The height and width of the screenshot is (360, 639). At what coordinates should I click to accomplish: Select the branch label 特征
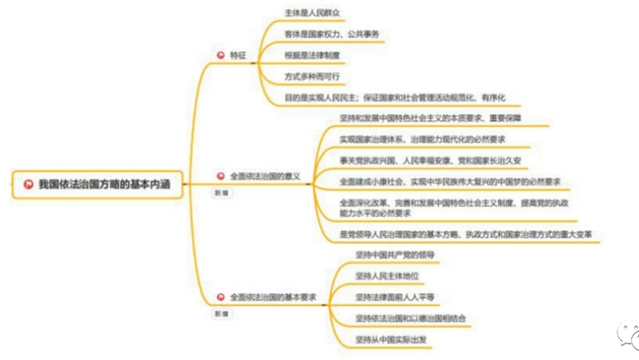[238, 56]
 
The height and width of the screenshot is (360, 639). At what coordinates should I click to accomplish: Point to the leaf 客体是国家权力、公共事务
[332, 35]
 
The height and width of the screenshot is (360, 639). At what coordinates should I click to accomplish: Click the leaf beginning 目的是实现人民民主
[394, 97]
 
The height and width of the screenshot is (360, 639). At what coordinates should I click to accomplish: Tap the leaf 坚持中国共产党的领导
[395, 255]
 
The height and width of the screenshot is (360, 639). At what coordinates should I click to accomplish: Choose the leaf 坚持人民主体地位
[386, 276]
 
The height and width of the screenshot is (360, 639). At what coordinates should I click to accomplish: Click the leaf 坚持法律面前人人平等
[394, 297]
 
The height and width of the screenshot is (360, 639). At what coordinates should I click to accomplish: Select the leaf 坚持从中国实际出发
[390, 340]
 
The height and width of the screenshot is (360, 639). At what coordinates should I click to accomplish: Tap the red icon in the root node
[28, 184]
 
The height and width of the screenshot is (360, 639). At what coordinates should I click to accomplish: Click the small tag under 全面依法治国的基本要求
[221, 313]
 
